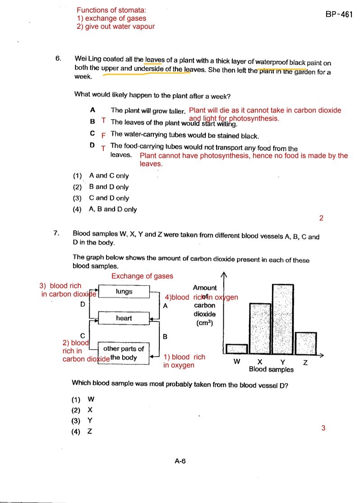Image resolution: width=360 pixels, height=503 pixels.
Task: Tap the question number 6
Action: tap(58, 59)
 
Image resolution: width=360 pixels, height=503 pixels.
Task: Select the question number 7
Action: tap(56, 233)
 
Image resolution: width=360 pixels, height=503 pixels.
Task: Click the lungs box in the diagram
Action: tap(124, 292)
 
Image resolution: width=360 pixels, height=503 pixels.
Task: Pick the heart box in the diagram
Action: tap(124, 318)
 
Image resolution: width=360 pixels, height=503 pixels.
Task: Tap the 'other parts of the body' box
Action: tap(124, 353)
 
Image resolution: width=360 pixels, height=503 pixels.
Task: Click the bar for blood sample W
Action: tap(237, 349)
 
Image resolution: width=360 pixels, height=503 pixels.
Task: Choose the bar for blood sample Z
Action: tap(306, 343)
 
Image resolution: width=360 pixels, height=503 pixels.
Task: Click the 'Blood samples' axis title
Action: tap(271, 370)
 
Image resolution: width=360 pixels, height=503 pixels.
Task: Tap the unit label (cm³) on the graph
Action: tap(204, 323)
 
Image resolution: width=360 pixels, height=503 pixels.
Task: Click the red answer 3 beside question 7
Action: tap(323, 428)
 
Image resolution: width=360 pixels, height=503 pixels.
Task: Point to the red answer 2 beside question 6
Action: tap(321, 219)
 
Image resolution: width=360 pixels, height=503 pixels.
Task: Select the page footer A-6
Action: tap(180, 461)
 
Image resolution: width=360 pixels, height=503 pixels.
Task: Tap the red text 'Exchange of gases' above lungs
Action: tap(142, 276)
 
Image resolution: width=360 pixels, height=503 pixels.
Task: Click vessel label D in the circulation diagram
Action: tap(83, 305)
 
